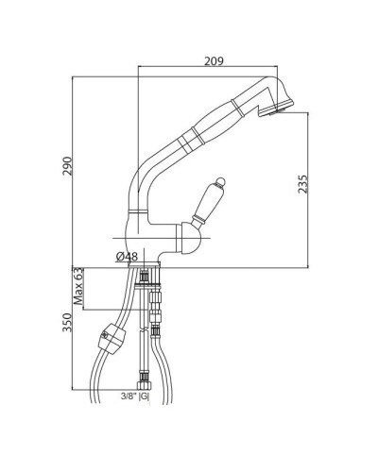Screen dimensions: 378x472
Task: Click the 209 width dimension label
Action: tap(214, 60)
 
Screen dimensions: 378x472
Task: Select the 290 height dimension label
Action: tap(67, 166)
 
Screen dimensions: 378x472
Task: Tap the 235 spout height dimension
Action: tap(302, 184)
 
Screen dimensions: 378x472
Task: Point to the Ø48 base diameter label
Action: tap(127, 257)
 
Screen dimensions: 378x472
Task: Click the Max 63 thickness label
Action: tap(78, 286)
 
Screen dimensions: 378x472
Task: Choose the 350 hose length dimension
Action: tap(67, 322)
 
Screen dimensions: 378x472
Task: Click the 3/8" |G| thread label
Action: tap(135, 396)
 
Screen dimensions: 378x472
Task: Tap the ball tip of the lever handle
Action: tap(220, 181)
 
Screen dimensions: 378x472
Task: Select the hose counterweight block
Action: tap(112, 339)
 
